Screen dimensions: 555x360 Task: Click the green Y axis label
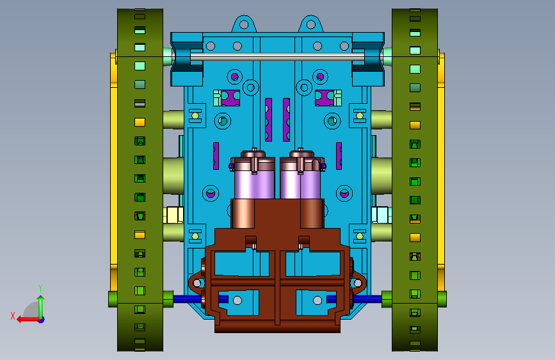click(40, 288)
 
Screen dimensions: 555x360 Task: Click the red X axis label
click(13, 316)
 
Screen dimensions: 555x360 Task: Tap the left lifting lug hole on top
click(244, 24)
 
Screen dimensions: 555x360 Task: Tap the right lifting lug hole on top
click(310, 24)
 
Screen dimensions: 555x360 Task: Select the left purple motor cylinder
click(254, 184)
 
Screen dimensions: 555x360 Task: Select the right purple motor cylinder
click(300, 184)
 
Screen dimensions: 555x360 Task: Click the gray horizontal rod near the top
click(278, 57)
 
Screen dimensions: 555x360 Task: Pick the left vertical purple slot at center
click(269, 120)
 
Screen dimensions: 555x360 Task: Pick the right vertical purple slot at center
click(286, 120)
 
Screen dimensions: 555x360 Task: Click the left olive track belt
click(140, 180)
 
